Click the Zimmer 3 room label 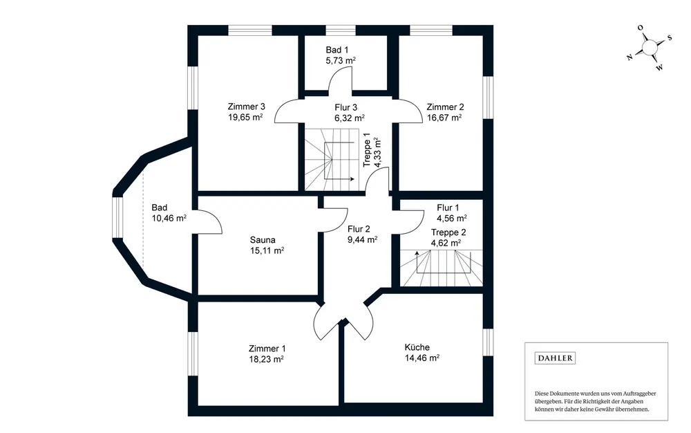[x=247, y=107]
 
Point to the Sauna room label [x=263, y=240]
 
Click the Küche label [x=417, y=347]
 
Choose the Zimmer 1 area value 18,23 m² [x=266, y=359]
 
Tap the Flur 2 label [x=359, y=229]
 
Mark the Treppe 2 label [x=449, y=232]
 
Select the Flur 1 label [x=448, y=208]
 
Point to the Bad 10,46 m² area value [x=169, y=218]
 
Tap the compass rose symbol [x=650, y=46]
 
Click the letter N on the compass [x=630, y=58]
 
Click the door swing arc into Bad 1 [x=341, y=81]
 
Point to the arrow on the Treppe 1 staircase [x=352, y=179]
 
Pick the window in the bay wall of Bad [x=117, y=217]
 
